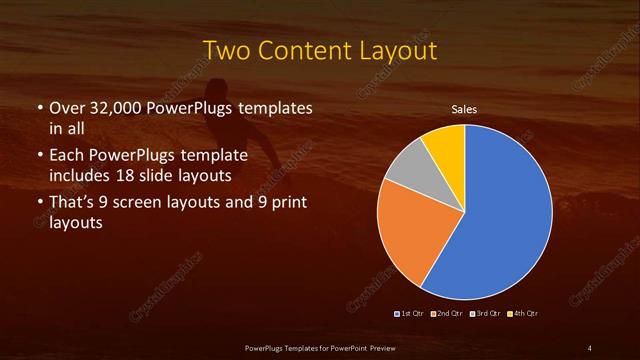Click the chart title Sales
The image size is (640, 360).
(463, 108)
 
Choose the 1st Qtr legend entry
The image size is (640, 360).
(412, 313)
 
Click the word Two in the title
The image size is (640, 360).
(225, 49)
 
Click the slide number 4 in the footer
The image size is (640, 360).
(589, 347)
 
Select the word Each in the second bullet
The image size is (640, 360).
(67, 157)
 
